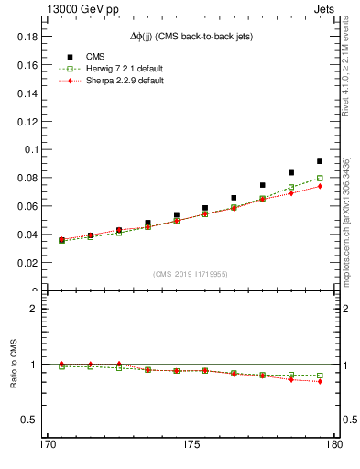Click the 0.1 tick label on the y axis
28,149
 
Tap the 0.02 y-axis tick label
25,263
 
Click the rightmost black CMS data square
320,161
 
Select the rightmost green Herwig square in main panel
320,179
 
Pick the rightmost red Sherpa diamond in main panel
320,186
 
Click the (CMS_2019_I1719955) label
191,274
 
